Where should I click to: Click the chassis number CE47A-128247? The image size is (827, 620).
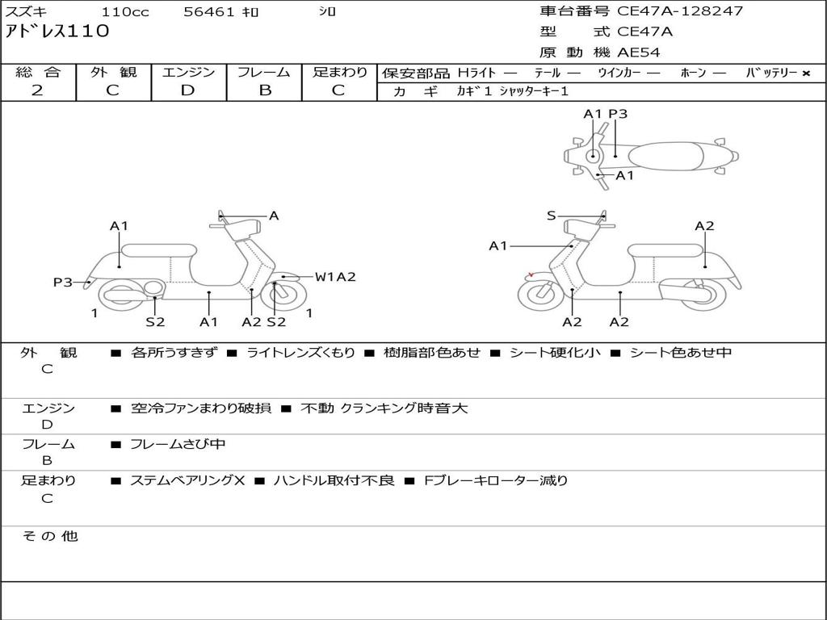click(679, 11)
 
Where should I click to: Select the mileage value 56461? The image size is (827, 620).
click(209, 12)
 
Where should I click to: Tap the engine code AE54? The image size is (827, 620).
click(639, 52)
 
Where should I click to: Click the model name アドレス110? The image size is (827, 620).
click(57, 31)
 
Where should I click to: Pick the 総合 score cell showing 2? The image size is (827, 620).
click(37, 90)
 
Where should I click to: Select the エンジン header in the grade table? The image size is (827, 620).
click(188, 72)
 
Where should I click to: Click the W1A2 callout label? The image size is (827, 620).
click(335, 277)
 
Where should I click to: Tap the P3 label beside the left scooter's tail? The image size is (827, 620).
click(62, 282)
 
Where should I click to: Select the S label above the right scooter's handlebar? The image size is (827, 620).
click(551, 216)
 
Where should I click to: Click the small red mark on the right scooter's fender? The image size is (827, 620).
click(530, 274)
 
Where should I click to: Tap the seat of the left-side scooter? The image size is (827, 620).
click(158, 250)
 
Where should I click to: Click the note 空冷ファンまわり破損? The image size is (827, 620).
click(200, 408)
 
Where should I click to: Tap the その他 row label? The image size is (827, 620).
click(49, 536)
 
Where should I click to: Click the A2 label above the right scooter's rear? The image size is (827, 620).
click(704, 226)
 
